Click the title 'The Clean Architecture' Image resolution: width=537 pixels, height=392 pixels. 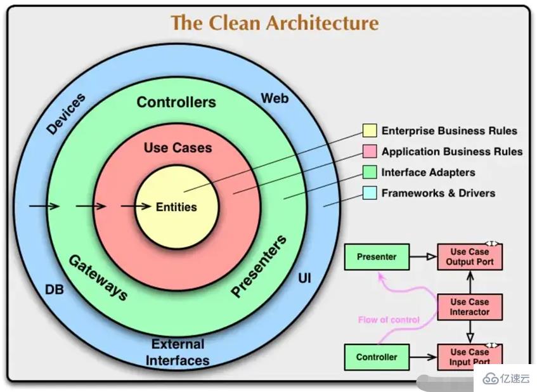(x=275, y=23)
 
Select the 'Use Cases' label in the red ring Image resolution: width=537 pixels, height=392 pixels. (x=178, y=148)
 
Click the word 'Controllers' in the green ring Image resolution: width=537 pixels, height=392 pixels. (x=176, y=102)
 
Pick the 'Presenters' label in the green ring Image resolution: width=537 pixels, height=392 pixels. (x=259, y=266)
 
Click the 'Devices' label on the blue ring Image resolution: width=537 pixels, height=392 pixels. (x=67, y=114)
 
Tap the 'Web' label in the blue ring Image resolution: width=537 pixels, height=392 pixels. (x=275, y=98)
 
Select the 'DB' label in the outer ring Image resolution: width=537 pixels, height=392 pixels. (x=54, y=290)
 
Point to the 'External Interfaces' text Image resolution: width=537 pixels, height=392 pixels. (x=178, y=353)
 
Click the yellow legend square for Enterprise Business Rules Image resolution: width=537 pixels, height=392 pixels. (x=370, y=131)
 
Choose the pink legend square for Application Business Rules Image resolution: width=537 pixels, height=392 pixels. (x=370, y=152)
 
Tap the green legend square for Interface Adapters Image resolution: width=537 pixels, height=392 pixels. (x=370, y=172)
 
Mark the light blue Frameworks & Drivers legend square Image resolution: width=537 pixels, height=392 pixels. (x=370, y=193)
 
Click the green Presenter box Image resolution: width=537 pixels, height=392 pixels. (x=377, y=257)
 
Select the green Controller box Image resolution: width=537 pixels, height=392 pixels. (x=377, y=357)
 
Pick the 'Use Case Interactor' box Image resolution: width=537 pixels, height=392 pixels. (x=470, y=307)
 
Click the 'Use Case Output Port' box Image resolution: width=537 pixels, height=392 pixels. (x=470, y=257)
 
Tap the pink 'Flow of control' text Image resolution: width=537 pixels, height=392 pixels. (x=389, y=320)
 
